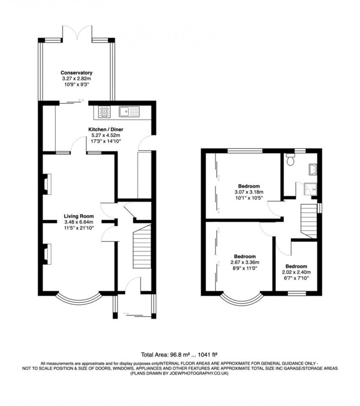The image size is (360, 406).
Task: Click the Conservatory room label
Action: point(76,72)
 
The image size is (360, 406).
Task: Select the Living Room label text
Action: point(79,216)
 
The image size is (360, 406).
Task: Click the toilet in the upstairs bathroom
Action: point(292,160)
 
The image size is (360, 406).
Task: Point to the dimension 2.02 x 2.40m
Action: point(296,272)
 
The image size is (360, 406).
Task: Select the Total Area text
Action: point(180,355)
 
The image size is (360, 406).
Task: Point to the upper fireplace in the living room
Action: point(47,184)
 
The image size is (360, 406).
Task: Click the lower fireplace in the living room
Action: point(47,254)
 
